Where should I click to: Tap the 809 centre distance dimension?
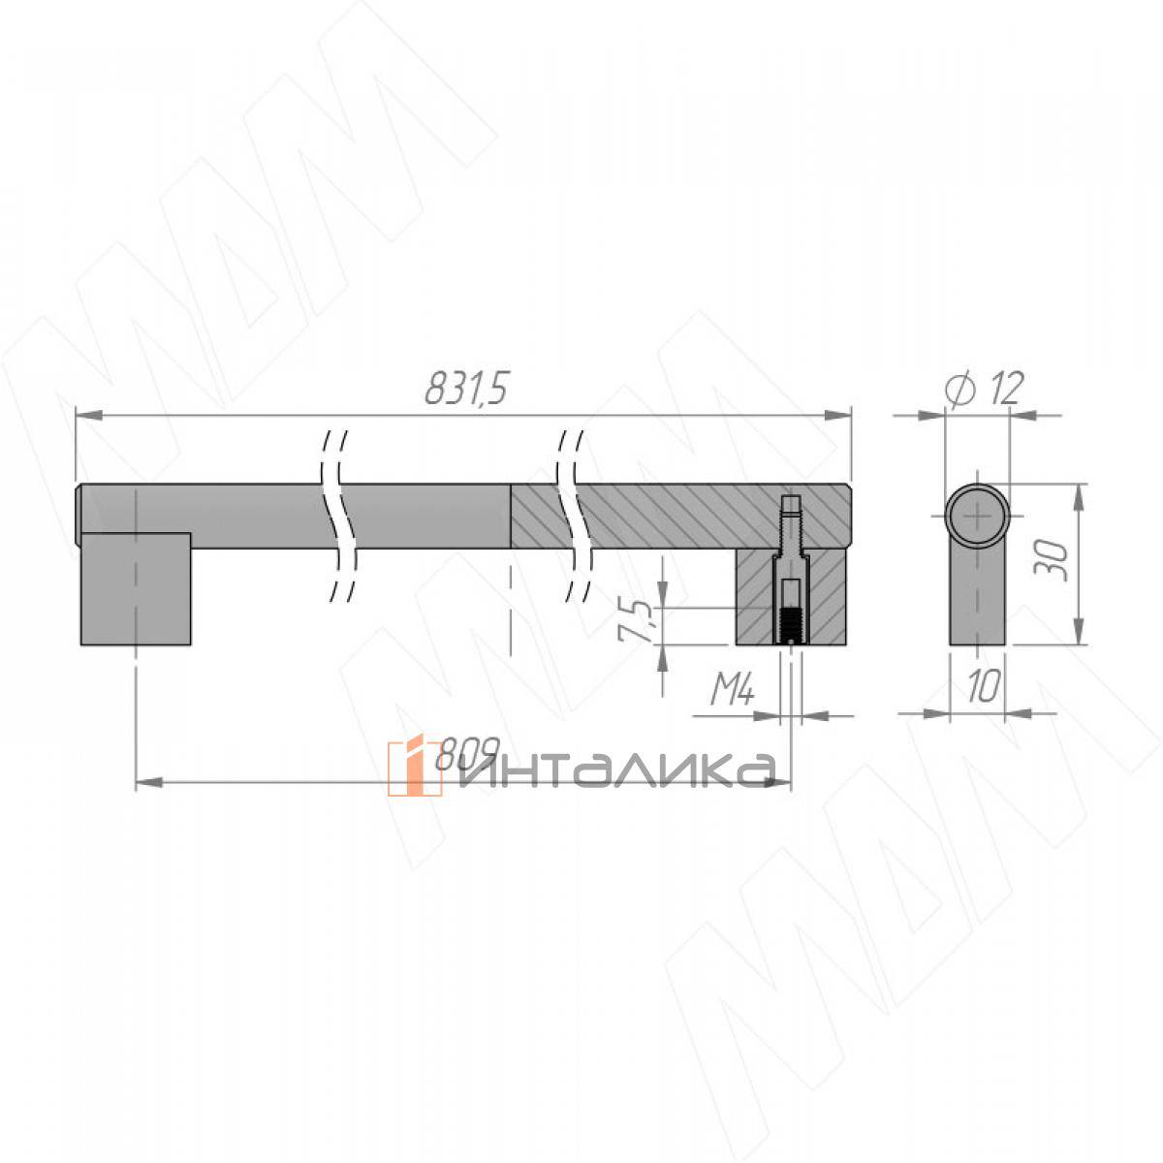tap(467, 753)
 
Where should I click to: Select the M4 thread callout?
tap(732, 689)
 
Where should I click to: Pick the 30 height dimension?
tap(1052, 561)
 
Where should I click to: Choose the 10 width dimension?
tap(983, 686)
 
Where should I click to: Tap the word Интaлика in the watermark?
tap(616, 770)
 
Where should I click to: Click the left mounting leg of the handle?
tap(136, 589)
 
